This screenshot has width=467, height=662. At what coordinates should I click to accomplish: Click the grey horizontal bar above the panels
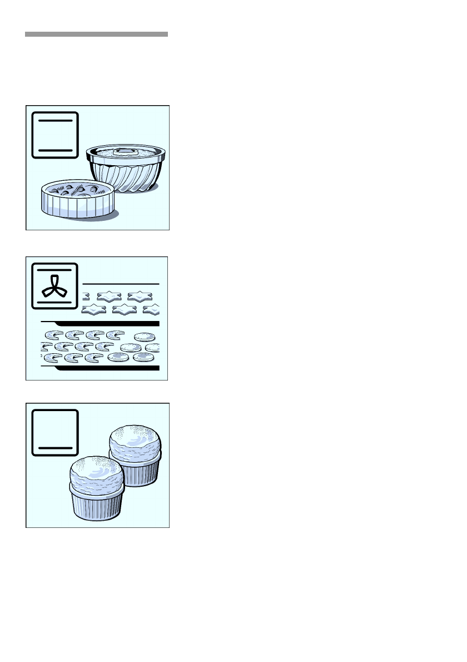(96, 34)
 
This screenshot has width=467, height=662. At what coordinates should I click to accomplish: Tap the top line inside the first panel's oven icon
(55, 120)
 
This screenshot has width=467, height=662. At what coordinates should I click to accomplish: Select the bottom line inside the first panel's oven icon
(55, 150)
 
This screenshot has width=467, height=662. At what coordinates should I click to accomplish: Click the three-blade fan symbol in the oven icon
(55, 283)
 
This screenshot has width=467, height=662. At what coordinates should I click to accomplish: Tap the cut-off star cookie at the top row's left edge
(85, 296)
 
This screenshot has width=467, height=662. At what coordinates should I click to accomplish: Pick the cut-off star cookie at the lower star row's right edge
(152, 309)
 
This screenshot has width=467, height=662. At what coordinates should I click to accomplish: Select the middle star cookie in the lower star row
(123, 309)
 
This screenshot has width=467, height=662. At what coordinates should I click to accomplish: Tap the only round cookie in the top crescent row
(144, 337)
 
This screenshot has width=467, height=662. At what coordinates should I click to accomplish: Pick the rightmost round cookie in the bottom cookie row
(143, 357)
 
